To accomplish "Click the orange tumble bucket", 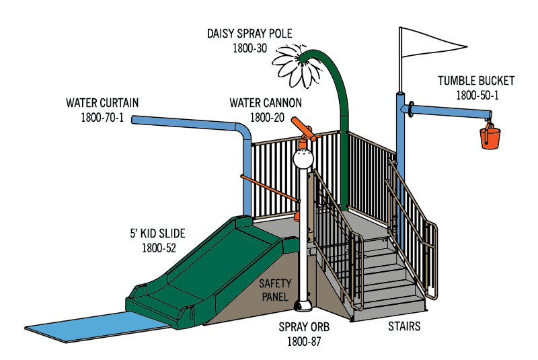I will pos(490,137).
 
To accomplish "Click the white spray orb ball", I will pos(303,159).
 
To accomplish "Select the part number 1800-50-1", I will pos(477,96).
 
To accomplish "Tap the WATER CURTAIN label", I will pos(102,103).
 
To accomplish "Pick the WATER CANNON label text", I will pos(266,103).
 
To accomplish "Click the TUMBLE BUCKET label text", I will pos(476,81).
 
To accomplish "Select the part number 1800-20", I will pos(266,118).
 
